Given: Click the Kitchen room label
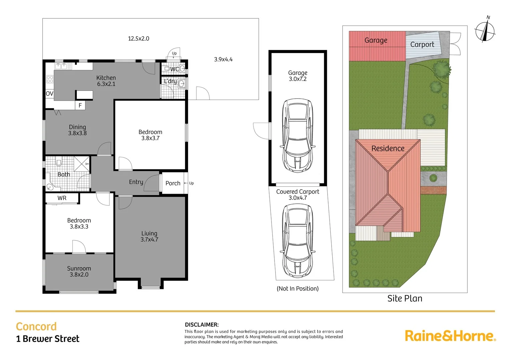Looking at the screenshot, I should point(106,81).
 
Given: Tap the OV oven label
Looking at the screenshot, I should point(49,94).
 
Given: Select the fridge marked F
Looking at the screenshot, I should point(80,105).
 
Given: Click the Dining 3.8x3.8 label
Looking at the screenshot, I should point(77,130).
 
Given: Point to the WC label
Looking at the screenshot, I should point(174,69).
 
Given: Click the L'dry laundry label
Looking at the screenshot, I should point(170,81).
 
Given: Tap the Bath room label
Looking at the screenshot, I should point(64,174).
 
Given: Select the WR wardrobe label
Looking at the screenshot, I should point(62,198).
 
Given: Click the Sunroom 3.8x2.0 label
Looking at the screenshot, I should point(79,271).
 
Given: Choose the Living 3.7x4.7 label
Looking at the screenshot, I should point(149,236).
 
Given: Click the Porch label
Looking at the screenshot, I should point(173,183).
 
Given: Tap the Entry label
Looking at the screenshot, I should point(136,182).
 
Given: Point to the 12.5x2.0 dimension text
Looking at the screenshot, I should point(138,39).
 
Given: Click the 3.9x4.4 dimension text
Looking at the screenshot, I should point(223,59).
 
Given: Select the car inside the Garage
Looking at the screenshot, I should point(298,135).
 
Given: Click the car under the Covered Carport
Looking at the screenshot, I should point(298,241).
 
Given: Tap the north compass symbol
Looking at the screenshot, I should point(485,31).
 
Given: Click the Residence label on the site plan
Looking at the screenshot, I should point(388,148).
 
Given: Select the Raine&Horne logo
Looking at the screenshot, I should point(450,336).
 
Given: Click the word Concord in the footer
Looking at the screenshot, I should point(36,326).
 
